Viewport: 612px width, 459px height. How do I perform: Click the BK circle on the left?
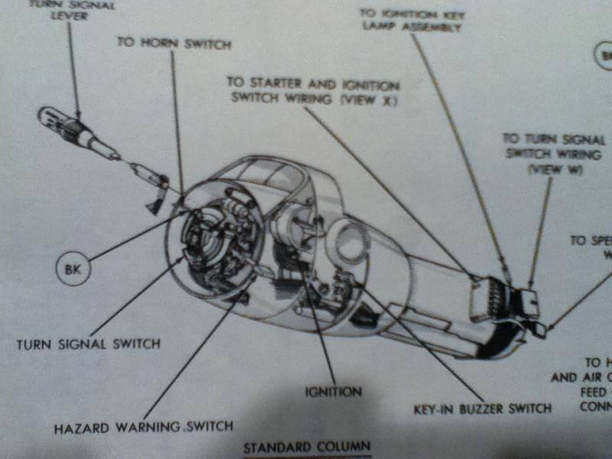(73, 269)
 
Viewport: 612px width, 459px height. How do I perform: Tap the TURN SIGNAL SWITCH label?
(89, 343)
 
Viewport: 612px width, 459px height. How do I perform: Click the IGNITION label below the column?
(334, 392)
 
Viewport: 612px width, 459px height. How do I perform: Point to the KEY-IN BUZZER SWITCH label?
(481, 408)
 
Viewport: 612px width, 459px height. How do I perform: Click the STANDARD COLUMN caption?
(307, 446)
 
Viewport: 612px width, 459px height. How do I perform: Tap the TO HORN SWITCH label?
(174, 43)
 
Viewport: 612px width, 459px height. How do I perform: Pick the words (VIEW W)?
(556, 170)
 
